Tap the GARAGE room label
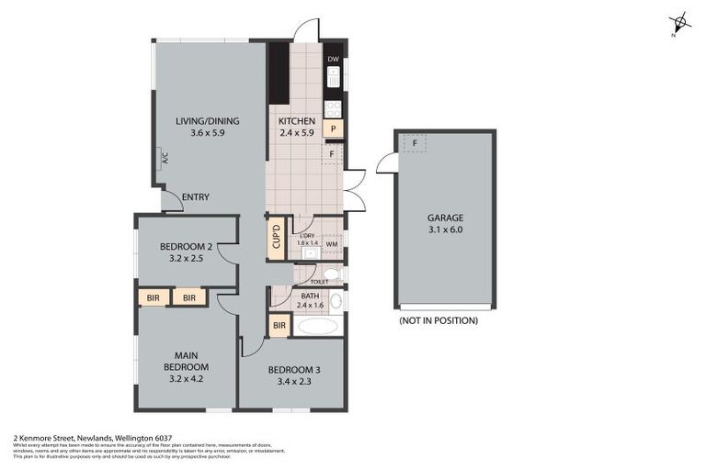(446, 218)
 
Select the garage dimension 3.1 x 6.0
(446, 230)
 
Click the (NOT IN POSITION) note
(438, 320)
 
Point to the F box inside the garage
(415, 143)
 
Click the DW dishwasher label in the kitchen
(333, 60)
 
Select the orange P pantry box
(332, 129)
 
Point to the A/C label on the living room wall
(165, 157)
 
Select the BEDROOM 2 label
(186, 246)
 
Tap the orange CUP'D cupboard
(276, 237)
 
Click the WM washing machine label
(330, 244)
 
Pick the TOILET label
(319, 282)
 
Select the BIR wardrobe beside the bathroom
(278, 325)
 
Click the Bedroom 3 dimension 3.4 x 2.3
(294, 382)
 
